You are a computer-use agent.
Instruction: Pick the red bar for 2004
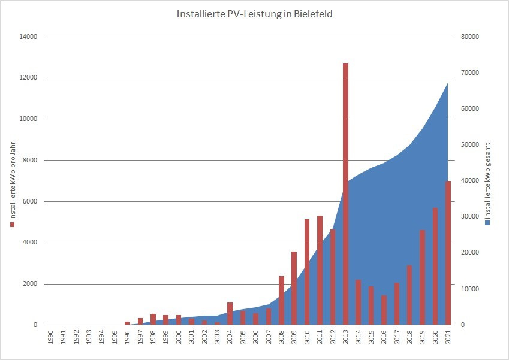coord(230,313)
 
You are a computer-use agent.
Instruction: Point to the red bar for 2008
coord(281,300)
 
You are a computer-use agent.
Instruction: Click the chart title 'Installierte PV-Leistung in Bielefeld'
coord(255,13)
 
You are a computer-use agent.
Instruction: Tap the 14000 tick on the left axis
coord(29,37)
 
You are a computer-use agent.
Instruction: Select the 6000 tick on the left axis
coord(31,201)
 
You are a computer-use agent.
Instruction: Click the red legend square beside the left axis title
coord(12,225)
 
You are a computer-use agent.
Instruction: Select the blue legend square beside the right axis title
coord(488,222)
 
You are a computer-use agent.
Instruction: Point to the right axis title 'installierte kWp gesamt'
coord(488,179)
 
